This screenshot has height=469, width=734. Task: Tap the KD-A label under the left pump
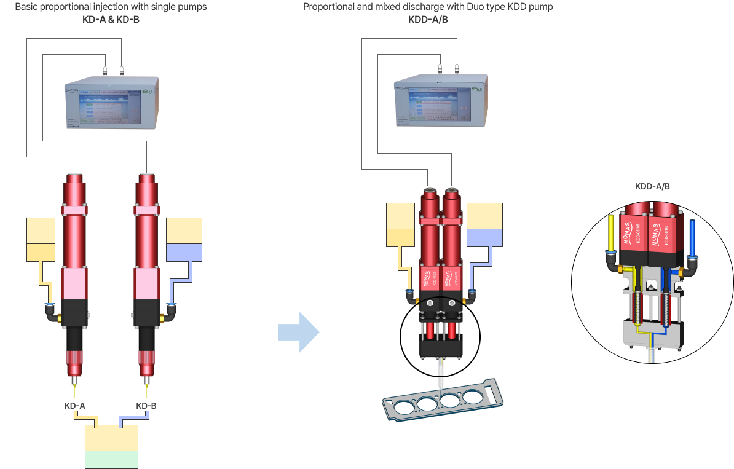coord(75,406)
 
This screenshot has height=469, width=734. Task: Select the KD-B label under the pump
coord(146,406)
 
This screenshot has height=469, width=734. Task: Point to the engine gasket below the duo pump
coord(442,400)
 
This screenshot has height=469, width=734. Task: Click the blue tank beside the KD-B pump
coord(184,252)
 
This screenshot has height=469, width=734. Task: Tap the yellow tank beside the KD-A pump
coord(41,251)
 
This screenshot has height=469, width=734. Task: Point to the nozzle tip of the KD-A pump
coord(74,388)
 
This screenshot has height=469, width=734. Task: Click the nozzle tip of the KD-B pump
coord(147,388)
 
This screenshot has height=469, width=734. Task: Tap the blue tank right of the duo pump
coord(484,237)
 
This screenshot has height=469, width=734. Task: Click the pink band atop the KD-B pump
coord(148,210)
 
